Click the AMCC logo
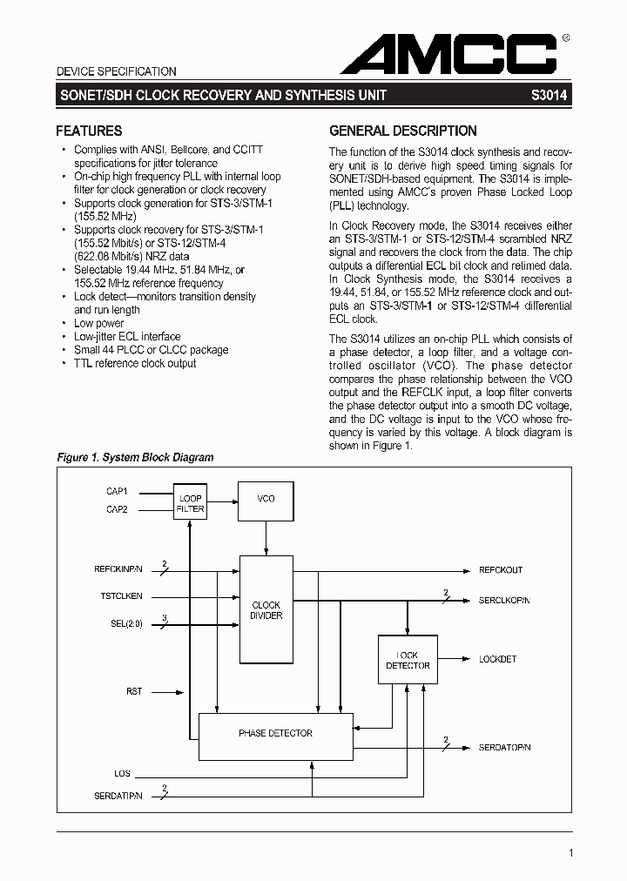point(453,54)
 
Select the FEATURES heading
point(89,131)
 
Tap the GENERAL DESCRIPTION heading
point(402,131)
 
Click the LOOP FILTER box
point(190,503)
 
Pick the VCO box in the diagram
point(266,499)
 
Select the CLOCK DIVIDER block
point(266,610)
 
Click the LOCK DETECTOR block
point(408,660)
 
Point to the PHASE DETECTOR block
point(275,734)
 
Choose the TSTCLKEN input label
point(121,596)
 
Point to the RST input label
point(133,692)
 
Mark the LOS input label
point(122,773)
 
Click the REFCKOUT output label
point(501,570)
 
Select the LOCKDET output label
point(497,659)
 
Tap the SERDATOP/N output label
point(504,748)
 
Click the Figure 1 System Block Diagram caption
point(135,457)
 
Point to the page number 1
point(570,853)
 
